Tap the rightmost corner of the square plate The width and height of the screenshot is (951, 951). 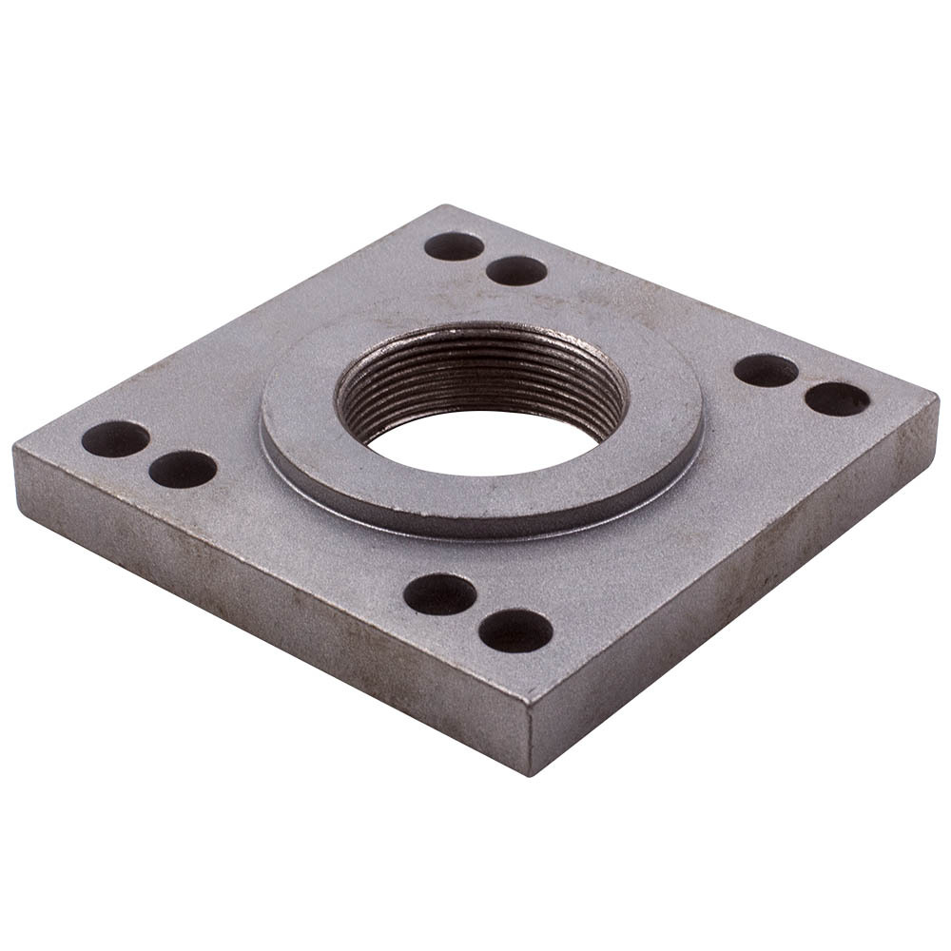click(x=936, y=399)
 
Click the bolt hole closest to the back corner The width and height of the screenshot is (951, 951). click(x=454, y=246)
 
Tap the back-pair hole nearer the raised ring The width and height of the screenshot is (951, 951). click(x=516, y=271)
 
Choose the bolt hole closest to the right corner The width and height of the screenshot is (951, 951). click(x=837, y=398)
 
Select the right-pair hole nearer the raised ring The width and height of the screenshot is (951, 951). click(x=766, y=370)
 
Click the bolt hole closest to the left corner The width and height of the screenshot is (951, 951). click(x=115, y=438)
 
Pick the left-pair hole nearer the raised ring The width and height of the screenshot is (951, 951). click(x=183, y=469)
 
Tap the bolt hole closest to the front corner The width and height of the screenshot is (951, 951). click(x=515, y=631)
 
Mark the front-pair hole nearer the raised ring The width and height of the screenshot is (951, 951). click(x=439, y=594)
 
